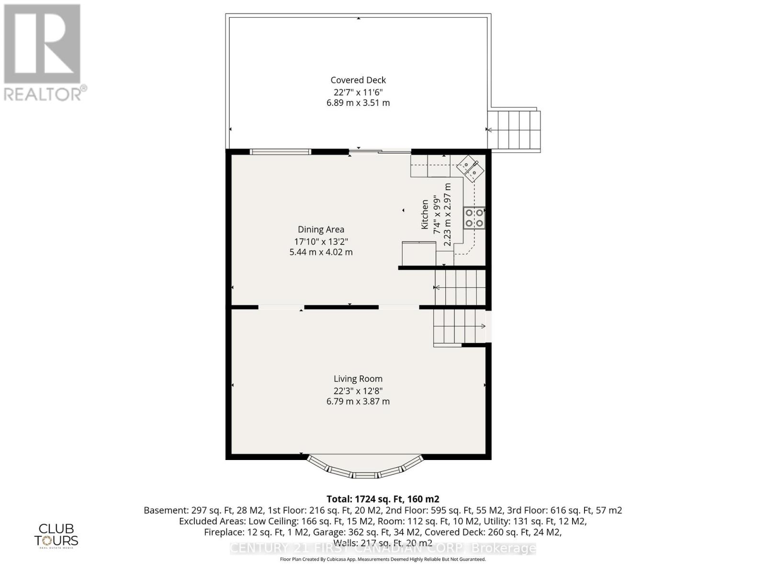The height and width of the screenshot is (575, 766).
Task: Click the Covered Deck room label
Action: pyautogui.click(x=358, y=80)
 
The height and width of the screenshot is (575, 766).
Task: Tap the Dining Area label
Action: pyautogui.click(x=321, y=230)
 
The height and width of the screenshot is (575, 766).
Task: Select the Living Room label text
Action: pyautogui.click(x=358, y=379)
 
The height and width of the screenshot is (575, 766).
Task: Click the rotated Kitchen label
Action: pyautogui.click(x=425, y=214)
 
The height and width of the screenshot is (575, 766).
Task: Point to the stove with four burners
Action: pyautogui.click(x=474, y=218)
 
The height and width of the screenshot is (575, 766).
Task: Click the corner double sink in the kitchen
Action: pyautogui.click(x=470, y=169)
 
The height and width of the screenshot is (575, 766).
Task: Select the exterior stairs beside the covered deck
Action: pyautogui.click(x=514, y=130)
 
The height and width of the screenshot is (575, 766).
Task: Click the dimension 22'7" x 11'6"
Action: pyautogui.click(x=358, y=92)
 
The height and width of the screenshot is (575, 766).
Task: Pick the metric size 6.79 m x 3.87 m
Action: pyautogui.click(x=358, y=402)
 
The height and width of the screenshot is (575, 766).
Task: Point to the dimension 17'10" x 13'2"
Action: pyautogui.click(x=321, y=241)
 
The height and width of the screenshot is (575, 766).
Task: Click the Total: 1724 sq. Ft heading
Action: pyautogui.click(x=383, y=499)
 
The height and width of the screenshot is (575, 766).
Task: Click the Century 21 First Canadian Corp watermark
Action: pyautogui.click(x=383, y=548)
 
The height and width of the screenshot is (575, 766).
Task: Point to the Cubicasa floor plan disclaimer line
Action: pyautogui.click(x=383, y=559)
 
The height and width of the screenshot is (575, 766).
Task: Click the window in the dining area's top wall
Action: pyautogui.click(x=281, y=152)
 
